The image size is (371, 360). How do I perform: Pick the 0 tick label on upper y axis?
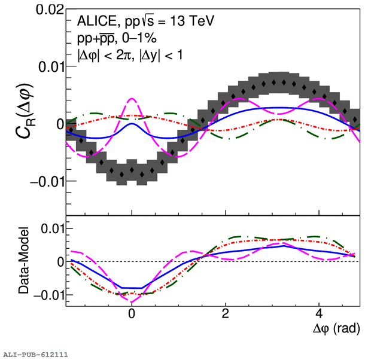point(58,124)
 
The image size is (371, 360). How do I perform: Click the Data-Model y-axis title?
point(23,263)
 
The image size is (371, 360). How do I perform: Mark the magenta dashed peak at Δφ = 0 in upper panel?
point(132,99)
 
